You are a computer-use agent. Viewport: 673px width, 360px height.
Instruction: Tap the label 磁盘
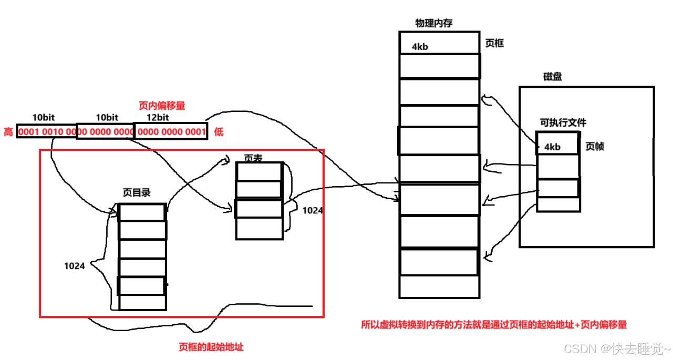pos(552,77)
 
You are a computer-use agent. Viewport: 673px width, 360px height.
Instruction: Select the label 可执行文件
pos(562,123)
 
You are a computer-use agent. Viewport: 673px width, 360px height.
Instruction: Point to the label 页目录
pos(137,193)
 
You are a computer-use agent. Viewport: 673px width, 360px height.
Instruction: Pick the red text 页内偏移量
pos(162,106)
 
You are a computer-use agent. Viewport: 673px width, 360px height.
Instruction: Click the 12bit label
pos(158,117)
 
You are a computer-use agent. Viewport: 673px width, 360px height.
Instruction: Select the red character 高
pos(8,132)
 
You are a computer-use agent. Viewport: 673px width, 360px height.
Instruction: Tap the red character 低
pos(218,132)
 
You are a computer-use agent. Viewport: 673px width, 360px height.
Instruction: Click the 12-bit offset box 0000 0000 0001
pos(171,132)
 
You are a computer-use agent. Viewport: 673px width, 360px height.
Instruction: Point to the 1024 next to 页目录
pos(75,266)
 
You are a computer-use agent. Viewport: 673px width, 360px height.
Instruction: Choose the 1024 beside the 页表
pos(313,210)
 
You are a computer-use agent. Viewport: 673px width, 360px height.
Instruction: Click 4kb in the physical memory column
pos(420,47)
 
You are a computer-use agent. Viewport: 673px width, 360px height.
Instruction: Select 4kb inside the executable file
pos(552,147)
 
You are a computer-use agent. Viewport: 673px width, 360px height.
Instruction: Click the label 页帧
pos(595,147)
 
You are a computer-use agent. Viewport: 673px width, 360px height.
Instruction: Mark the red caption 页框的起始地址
pos(211,347)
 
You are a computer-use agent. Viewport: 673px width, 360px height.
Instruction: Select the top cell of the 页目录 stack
pos(142,212)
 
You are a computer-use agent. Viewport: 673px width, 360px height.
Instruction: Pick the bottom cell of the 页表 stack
pos(259,229)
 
